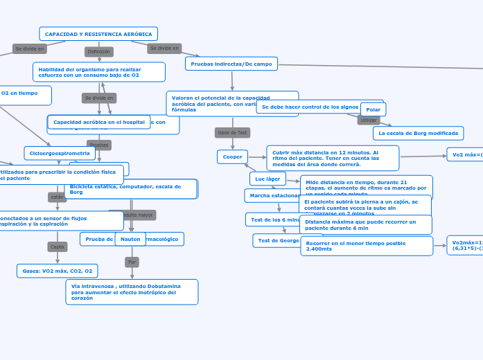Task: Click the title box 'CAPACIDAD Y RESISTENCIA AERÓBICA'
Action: pyautogui.click(x=98, y=34)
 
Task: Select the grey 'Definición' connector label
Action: pyautogui.click(x=98, y=52)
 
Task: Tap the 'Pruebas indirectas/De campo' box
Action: pyautogui.click(x=231, y=64)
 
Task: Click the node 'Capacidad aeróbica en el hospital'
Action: pyautogui.click(x=99, y=122)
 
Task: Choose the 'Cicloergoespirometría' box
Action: pyautogui.click(x=60, y=153)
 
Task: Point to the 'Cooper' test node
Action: pyautogui.click(x=232, y=157)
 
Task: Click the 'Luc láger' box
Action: pyautogui.click(x=267, y=179)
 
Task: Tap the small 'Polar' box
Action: pyautogui.click(x=374, y=109)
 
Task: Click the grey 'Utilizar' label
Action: pyautogui.click(x=369, y=120)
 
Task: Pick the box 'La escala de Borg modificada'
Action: pyautogui.click(x=419, y=133)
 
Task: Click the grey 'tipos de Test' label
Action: pyautogui.click(x=232, y=132)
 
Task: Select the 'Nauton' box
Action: pyautogui.click(x=130, y=239)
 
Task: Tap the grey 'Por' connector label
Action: pyautogui.click(x=132, y=262)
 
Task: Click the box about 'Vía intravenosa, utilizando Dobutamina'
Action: pyautogui.click(x=132, y=292)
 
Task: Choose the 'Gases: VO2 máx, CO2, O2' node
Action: pyautogui.click(x=57, y=271)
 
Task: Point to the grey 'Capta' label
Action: pyautogui.click(x=58, y=246)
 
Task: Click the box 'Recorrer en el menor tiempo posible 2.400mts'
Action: pyautogui.click(x=367, y=246)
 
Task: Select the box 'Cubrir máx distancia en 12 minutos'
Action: pyautogui.click(x=333, y=158)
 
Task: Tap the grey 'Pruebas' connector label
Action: pyautogui.click(x=99, y=145)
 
